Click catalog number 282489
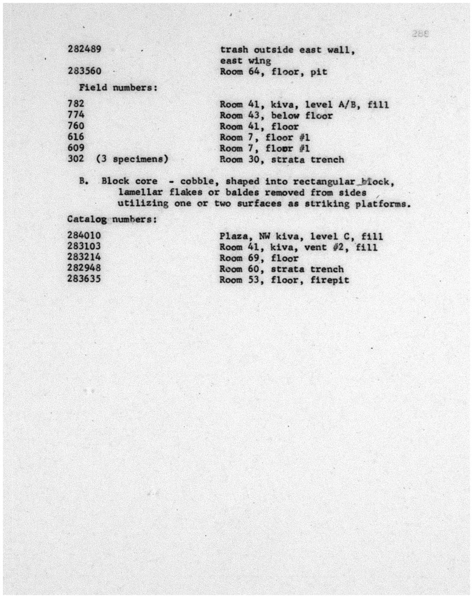(84, 49)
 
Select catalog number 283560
(84, 71)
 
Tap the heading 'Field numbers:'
(118, 88)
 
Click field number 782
(76, 104)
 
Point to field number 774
(76, 115)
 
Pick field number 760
(76, 126)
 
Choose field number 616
(76, 137)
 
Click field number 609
(76, 148)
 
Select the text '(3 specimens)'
(132, 159)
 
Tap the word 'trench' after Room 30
(327, 159)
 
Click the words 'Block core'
(129, 181)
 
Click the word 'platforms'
(381, 204)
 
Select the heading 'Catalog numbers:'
(112, 219)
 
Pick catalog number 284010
(84, 235)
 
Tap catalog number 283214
(84, 257)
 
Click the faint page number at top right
(420, 34)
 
